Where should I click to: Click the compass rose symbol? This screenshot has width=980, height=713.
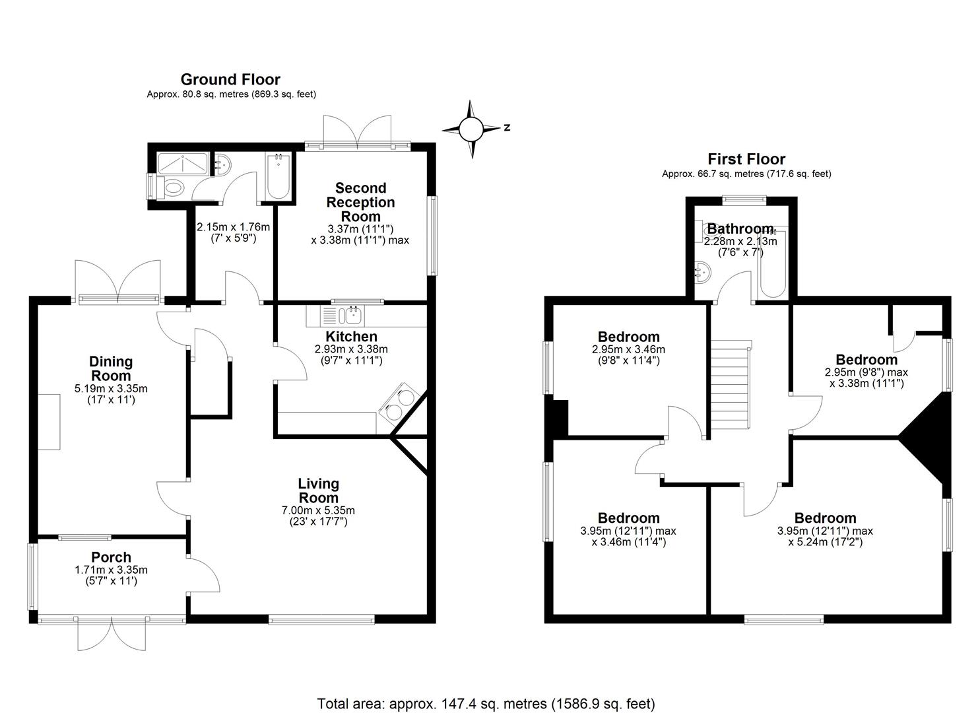pyautogui.click(x=471, y=129)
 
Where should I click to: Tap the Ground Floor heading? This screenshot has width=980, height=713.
pyautogui.click(x=230, y=79)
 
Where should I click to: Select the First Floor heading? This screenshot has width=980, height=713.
pyautogui.click(x=746, y=158)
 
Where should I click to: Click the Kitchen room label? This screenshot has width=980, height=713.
pyautogui.click(x=351, y=336)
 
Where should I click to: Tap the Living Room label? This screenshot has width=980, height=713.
pyautogui.click(x=319, y=491)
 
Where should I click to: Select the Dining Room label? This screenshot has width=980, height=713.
pyautogui.click(x=111, y=368)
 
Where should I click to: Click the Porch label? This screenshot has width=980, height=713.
pyautogui.click(x=111, y=557)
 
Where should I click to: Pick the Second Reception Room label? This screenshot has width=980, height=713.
pyautogui.click(x=360, y=202)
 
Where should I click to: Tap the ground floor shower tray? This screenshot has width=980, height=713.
pyautogui.click(x=182, y=163)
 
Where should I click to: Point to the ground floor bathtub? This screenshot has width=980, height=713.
pyautogui.click(x=278, y=176)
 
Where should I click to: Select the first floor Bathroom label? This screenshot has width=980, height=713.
pyautogui.click(x=740, y=228)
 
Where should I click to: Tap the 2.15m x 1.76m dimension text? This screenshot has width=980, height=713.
pyautogui.click(x=233, y=232)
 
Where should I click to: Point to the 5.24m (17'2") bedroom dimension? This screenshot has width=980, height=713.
pyautogui.click(x=825, y=542)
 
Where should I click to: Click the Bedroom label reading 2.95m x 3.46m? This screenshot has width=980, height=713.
pyautogui.click(x=629, y=336)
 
